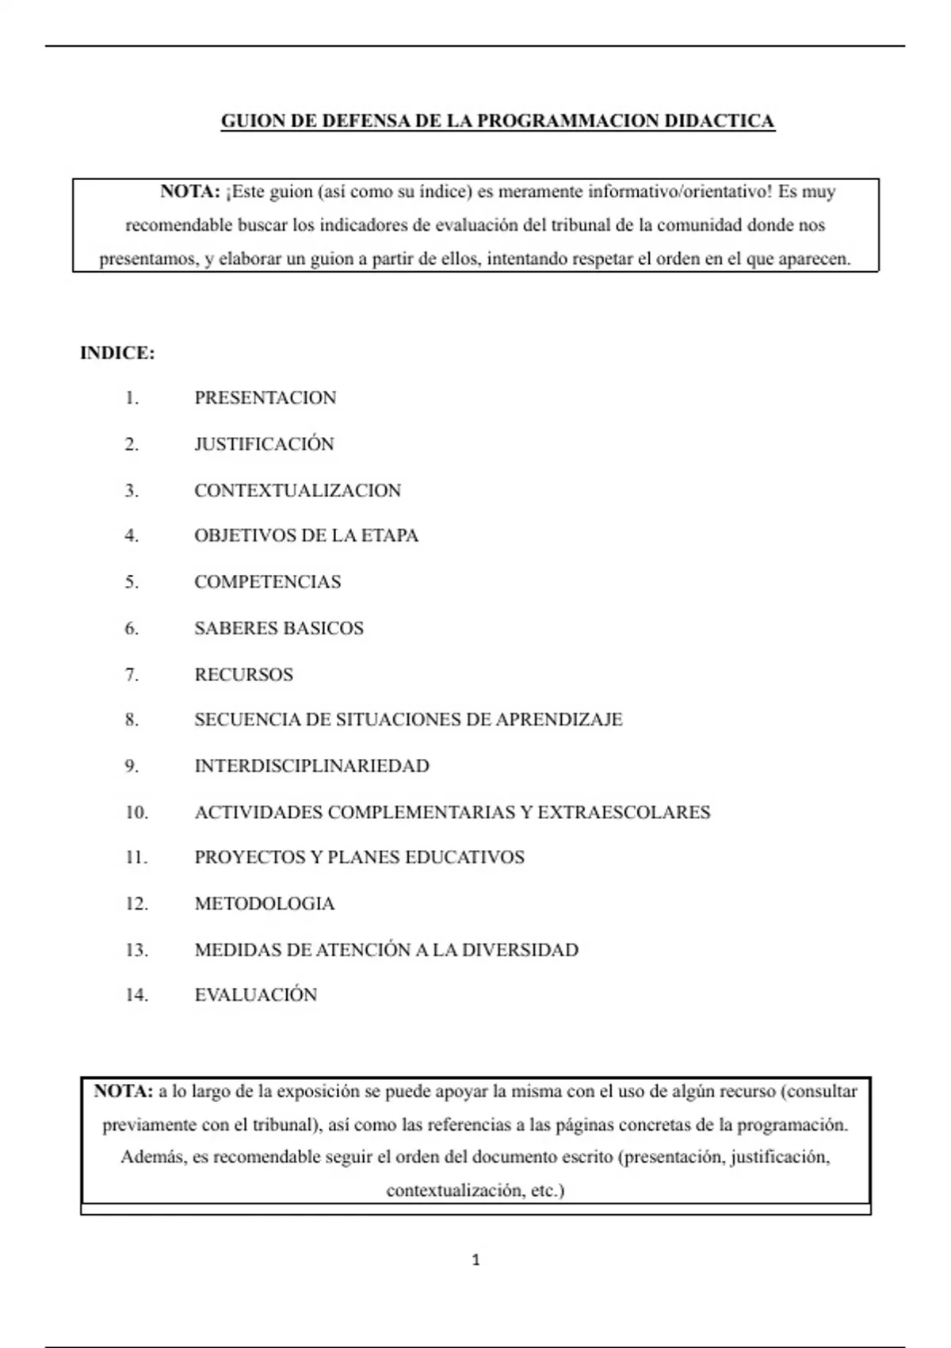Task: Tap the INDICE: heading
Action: click(x=117, y=354)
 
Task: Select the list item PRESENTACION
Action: click(x=265, y=398)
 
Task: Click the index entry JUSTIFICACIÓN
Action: click(x=264, y=444)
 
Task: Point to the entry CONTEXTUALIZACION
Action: click(x=297, y=491)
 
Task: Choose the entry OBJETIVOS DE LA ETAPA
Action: click(x=306, y=536)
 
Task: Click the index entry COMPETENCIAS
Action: click(x=267, y=582)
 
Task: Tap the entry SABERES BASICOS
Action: click(x=279, y=629)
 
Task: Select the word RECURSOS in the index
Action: click(x=243, y=675)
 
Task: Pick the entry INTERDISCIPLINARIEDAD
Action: click(x=311, y=766)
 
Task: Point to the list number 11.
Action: click(x=136, y=858)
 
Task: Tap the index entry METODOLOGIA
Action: click(x=265, y=904)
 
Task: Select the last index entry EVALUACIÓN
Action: click(x=255, y=995)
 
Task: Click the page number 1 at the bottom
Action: click(x=475, y=1260)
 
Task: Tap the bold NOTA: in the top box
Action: click(x=190, y=192)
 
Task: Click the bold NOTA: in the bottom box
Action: click(x=123, y=1092)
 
